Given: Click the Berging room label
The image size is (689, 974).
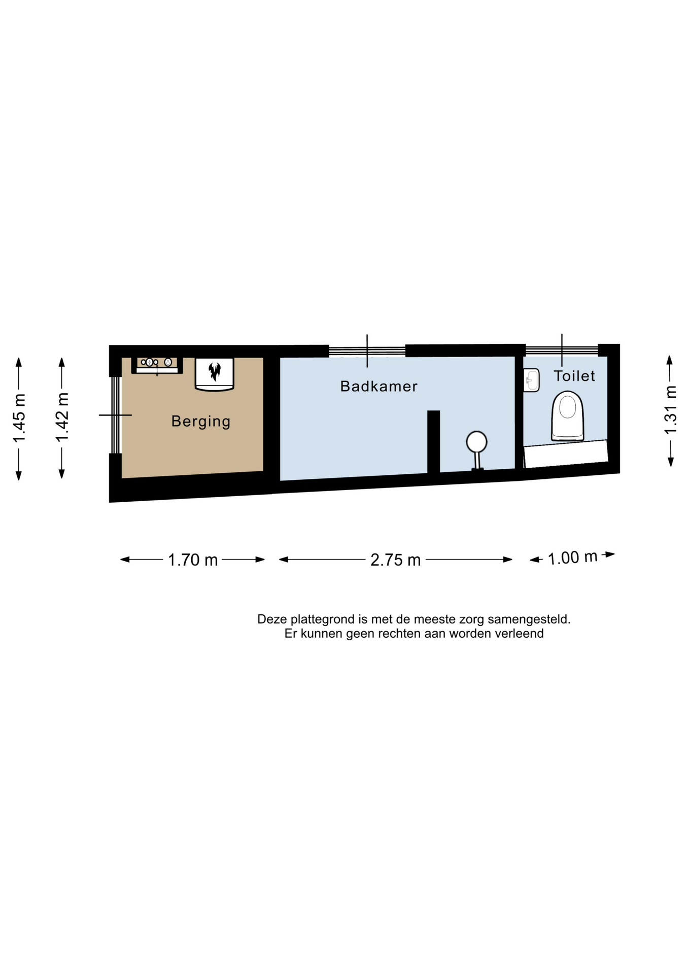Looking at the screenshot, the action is pos(201,422).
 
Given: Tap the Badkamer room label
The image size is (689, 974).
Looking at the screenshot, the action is pos(379,386).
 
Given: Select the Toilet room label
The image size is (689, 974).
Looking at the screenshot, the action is pos(574,376).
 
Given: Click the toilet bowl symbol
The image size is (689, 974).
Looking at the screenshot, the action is pos(568,415).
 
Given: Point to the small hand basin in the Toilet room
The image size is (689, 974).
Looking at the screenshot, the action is pos(531,380).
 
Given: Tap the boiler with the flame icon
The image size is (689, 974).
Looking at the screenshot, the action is pos(215,374).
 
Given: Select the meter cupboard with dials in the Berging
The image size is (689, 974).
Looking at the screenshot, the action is pos(157,365).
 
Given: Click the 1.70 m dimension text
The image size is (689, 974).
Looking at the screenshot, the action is pos(193,560).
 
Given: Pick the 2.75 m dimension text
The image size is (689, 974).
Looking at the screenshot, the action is pos(396,560).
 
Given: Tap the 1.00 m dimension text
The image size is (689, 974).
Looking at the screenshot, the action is pos(572,558).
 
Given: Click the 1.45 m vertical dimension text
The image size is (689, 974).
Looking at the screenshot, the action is pos(19,418).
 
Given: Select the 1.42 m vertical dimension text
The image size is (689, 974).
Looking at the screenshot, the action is pos(62,417).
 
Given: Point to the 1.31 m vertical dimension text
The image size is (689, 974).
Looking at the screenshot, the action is pos(671,410).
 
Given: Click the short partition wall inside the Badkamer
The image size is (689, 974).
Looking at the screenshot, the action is pos(433,442).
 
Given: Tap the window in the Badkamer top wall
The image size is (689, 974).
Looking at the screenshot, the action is pos(367,351).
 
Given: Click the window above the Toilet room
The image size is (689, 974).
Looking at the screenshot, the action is pos(562,351).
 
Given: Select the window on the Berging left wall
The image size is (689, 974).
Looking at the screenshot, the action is pos(116,415).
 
